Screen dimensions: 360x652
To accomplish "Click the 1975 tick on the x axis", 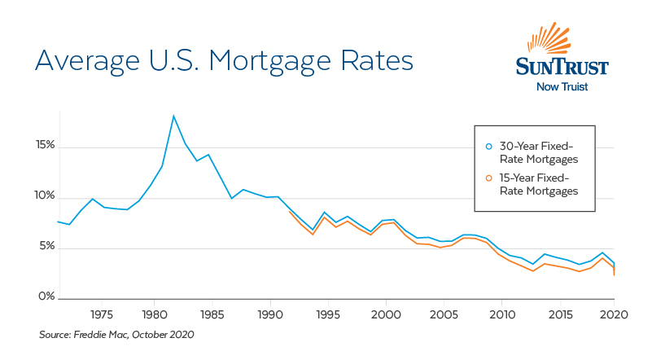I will pyautogui.click(x=102, y=314).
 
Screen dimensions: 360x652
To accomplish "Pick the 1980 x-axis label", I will pyautogui.click(x=154, y=314).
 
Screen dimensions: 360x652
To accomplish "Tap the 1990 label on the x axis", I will pyautogui.click(x=269, y=314).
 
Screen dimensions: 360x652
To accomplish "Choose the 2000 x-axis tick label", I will pyautogui.click(x=385, y=314).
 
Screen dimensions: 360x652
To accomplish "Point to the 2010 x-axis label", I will pyautogui.click(x=501, y=314).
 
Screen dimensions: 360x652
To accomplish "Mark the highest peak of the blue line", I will pyautogui.click(x=173, y=116).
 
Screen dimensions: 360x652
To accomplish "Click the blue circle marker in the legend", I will pyautogui.click(x=488, y=146).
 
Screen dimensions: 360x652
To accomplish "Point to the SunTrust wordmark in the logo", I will pyautogui.click(x=562, y=67).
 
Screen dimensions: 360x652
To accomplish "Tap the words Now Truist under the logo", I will pyautogui.click(x=562, y=86).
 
